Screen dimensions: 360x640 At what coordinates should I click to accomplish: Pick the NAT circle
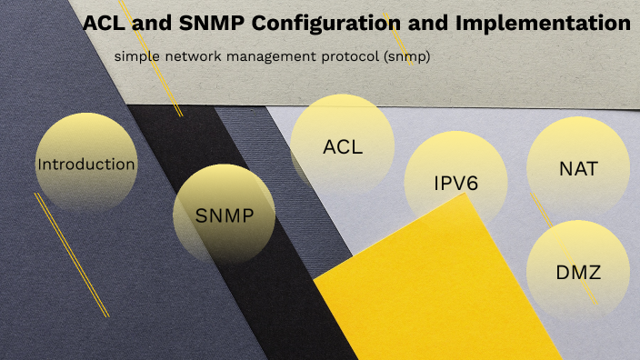point(578,168)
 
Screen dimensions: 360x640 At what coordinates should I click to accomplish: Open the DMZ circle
point(578,271)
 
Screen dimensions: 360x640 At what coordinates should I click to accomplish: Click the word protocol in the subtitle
point(349,56)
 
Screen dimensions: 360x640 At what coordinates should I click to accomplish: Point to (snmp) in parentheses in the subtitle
point(406,56)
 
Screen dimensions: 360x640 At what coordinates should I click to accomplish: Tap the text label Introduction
point(86,165)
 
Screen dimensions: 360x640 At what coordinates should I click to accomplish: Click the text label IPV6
point(456,183)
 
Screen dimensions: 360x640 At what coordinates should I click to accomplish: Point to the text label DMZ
point(579,271)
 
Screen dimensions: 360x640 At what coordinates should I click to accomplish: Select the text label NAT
point(578,168)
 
